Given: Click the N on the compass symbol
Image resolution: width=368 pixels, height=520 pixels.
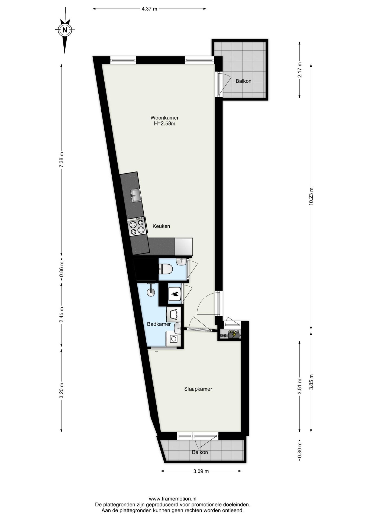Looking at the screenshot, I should [x=65, y=30].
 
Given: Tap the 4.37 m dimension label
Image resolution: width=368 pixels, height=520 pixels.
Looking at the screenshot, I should [x=149, y=9].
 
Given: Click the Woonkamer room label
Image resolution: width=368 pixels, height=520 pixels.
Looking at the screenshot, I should [x=164, y=118].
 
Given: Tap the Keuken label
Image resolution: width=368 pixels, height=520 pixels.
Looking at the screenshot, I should [x=161, y=226].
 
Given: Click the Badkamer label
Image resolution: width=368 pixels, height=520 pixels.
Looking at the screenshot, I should [x=159, y=324].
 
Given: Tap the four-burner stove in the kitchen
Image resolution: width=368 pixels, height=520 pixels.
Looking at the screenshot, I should [x=137, y=227].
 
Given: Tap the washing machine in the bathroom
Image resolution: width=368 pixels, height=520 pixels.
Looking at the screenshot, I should [x=173, y=339].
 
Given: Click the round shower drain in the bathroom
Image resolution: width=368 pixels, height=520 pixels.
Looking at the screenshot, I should [x=151, y=292].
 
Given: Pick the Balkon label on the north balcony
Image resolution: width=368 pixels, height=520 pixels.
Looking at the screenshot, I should [x=243, y=81].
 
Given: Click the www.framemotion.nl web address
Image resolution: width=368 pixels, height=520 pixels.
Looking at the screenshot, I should [x=173, y=499].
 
